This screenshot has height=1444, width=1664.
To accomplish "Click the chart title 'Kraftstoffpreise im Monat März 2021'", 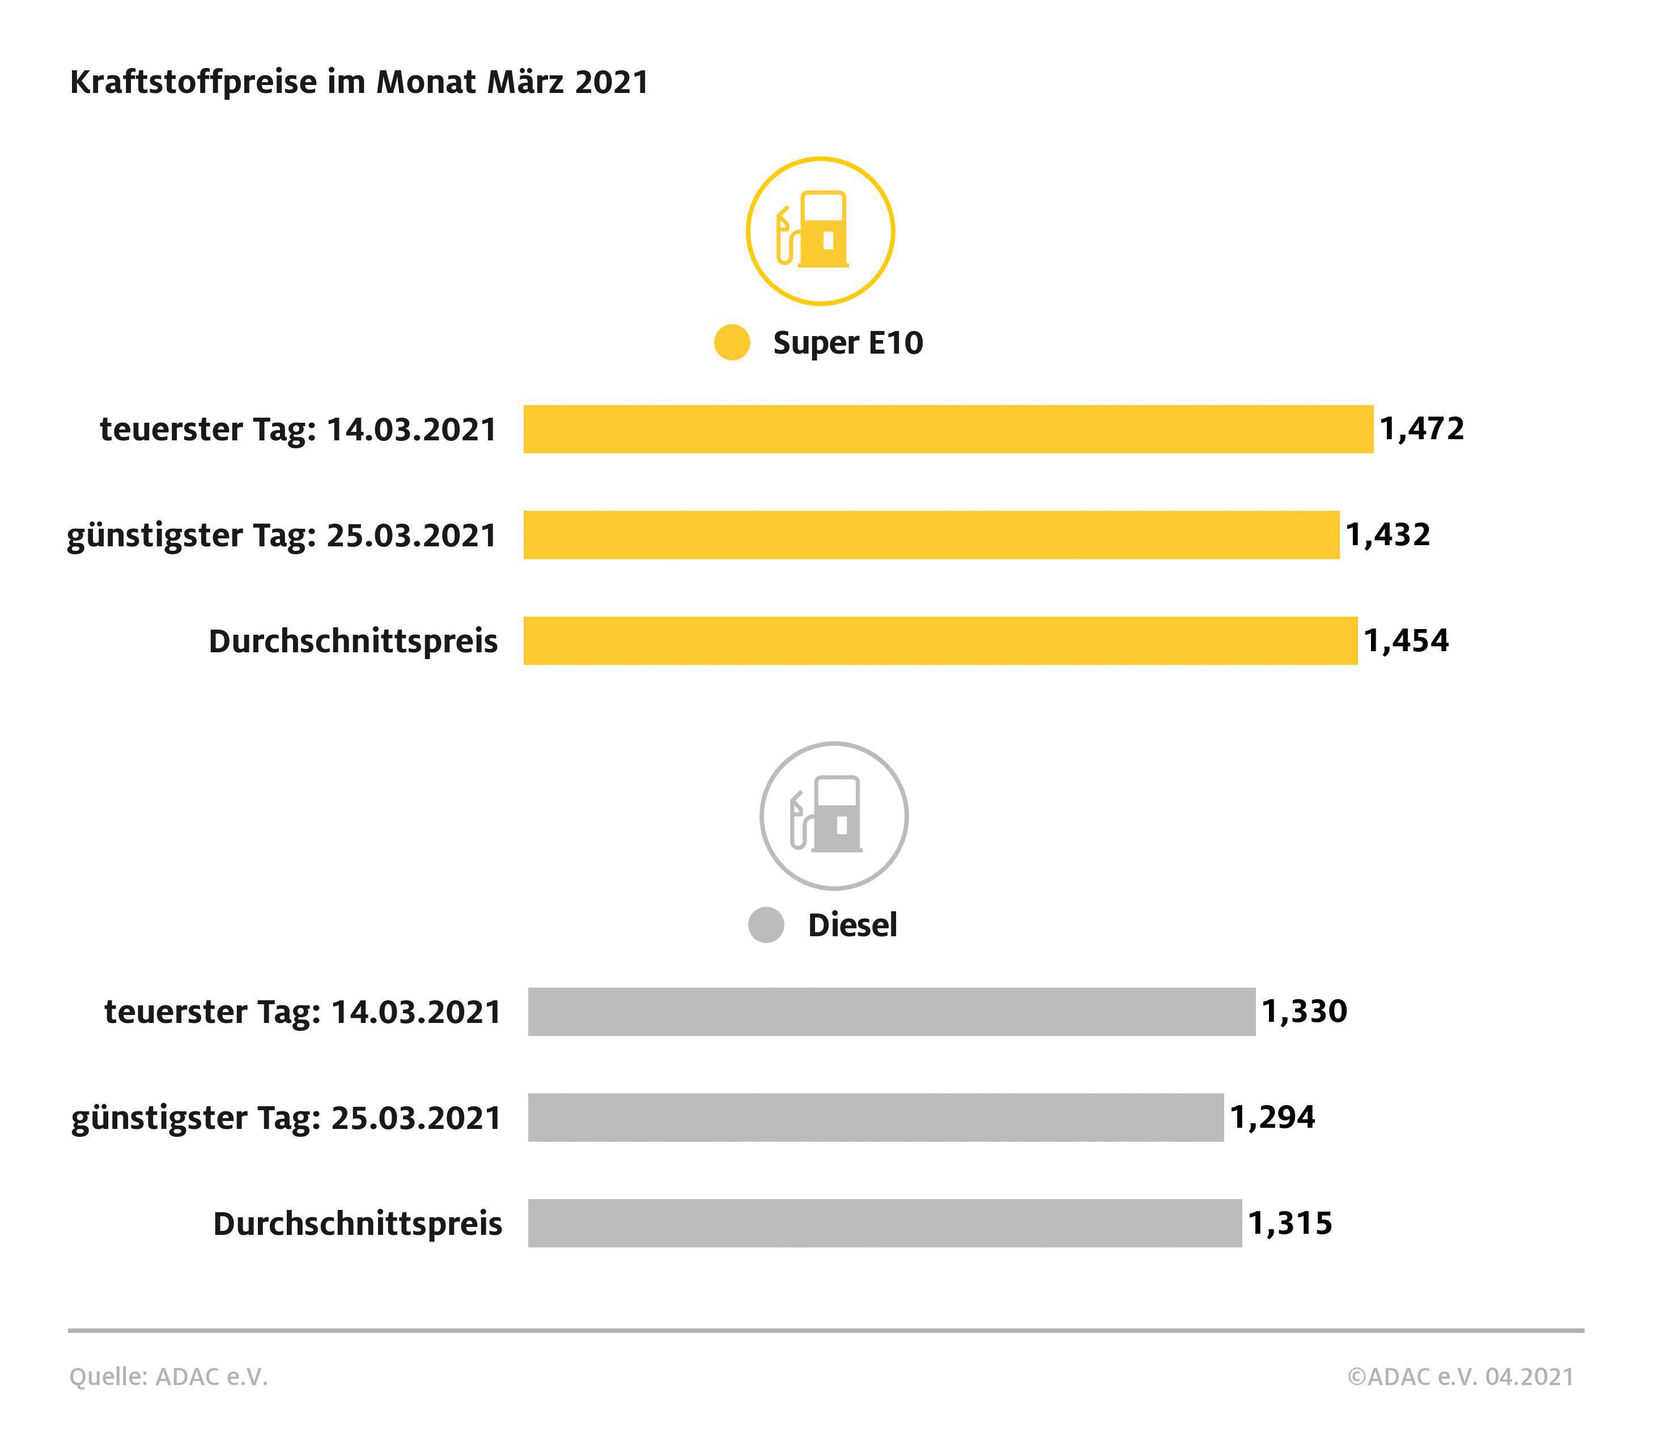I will (359, 82).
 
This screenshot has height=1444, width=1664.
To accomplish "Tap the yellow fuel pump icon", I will (820, 231).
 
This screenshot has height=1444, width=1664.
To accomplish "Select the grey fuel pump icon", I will (834, 816).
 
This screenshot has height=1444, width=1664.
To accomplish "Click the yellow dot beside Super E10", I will (732, 342).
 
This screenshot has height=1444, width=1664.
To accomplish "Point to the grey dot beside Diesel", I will (766, 924).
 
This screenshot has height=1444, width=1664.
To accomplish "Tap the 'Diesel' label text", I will (852, 925).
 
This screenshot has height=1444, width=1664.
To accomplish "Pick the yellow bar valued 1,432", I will (931, 534).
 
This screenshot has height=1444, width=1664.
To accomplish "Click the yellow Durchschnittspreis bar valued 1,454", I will (940, 640).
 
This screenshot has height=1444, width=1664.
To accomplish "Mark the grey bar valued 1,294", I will (875, 1117).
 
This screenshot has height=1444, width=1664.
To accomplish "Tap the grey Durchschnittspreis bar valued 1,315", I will (884, 1223).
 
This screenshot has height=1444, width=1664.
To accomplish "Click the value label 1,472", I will (1421, 428).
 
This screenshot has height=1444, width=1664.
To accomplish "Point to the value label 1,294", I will (1272, 1117).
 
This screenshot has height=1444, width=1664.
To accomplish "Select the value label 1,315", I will (1290, 1223).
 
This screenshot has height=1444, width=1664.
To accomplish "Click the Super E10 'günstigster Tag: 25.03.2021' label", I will (282, 535).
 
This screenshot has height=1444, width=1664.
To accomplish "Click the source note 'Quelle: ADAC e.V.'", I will (168, 1377).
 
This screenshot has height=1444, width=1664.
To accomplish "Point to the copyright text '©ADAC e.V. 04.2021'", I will (1460, 1377).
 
